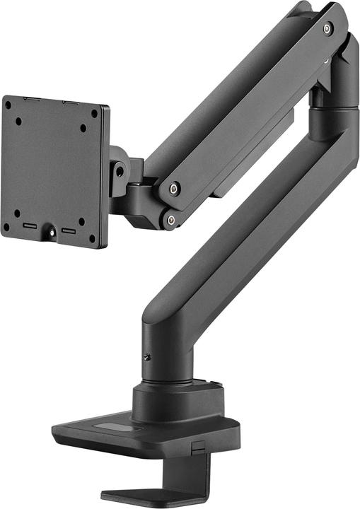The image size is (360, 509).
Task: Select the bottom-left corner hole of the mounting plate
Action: tap(6, 226)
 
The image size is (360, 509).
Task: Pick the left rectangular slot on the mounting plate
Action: tap(30, 227)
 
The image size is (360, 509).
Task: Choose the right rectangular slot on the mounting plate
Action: tap(69, 230)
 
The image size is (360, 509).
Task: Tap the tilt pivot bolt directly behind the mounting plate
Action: tap(120, 170)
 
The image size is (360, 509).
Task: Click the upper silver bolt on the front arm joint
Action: tap(174, 189)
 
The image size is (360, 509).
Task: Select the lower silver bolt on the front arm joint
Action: tap(170, 221)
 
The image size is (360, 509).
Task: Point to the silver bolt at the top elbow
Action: tap(327, 28)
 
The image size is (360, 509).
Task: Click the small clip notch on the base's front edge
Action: tap(199, 447)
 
